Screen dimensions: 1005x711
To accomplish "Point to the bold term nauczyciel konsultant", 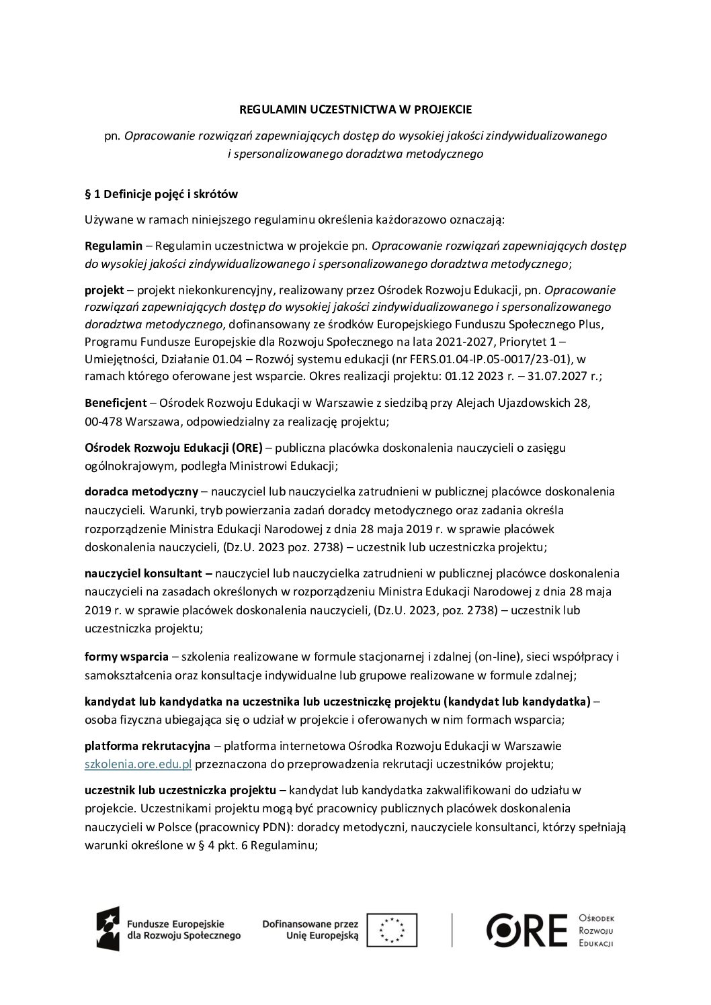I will tap(149, 573).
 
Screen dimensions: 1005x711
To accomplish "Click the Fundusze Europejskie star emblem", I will tap(110, 929).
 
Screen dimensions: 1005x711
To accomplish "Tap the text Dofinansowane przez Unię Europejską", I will tap(311, 929).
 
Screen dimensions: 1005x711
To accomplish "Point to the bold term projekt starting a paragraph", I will tap(104, 290).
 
